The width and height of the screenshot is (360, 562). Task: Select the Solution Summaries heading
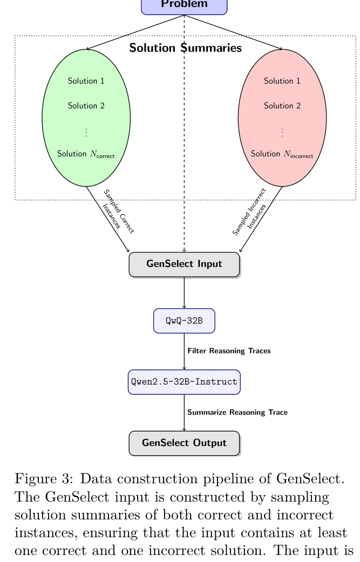tap(185, 48)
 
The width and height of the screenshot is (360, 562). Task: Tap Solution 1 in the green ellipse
tap(86, 81)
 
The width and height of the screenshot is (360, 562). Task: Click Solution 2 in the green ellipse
tap(86, 106)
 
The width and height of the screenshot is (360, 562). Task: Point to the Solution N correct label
tap(86, 154)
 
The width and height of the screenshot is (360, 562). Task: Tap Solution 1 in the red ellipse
tap(282, 81)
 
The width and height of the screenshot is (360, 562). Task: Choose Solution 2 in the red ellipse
tap(282, 106)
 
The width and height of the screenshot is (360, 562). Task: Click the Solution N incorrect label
tap(282, 154)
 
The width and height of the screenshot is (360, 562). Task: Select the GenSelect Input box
tap(184, 264)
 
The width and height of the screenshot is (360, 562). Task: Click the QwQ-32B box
tap(184, 321)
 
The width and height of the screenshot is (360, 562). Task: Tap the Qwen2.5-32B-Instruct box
tap(184, 382)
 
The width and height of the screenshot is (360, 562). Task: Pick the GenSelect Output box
tap(184, 443)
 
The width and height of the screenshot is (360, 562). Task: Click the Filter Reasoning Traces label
tap(229, 351)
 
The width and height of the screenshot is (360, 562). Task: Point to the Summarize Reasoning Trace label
tap(237, 413)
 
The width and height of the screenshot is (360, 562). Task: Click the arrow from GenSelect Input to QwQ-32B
tap(184, 292)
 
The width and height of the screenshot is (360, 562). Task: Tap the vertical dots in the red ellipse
tap(282, 132)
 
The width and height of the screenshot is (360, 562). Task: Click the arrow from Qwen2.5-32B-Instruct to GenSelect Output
tap(184, 413)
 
